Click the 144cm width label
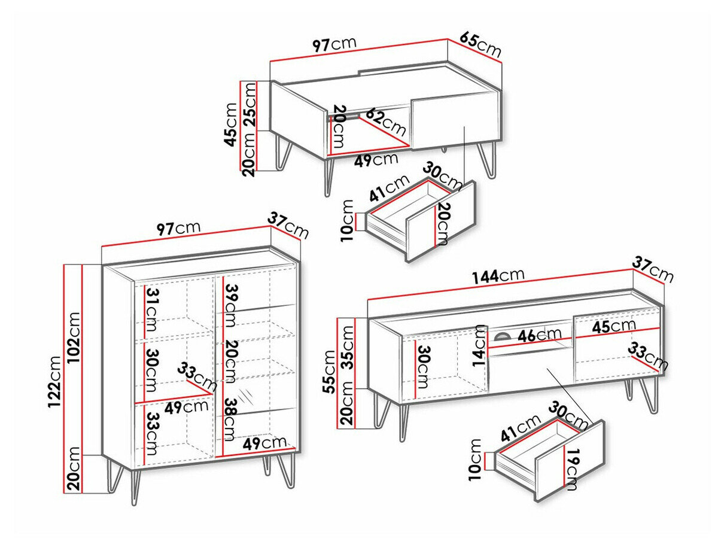click(498, 276)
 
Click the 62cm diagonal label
click(386, 122)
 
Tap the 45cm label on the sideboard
click(614, 326)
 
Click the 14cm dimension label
click(480, 345)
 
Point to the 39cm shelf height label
click(231, 306)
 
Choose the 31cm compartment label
click(151, 310)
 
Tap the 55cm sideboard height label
click(328, 372)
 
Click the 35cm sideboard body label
click(346, 348)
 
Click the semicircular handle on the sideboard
click(505, 336)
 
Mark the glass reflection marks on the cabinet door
click(244, 396)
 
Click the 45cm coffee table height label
click(232, 125)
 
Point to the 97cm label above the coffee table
click(334, 45)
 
